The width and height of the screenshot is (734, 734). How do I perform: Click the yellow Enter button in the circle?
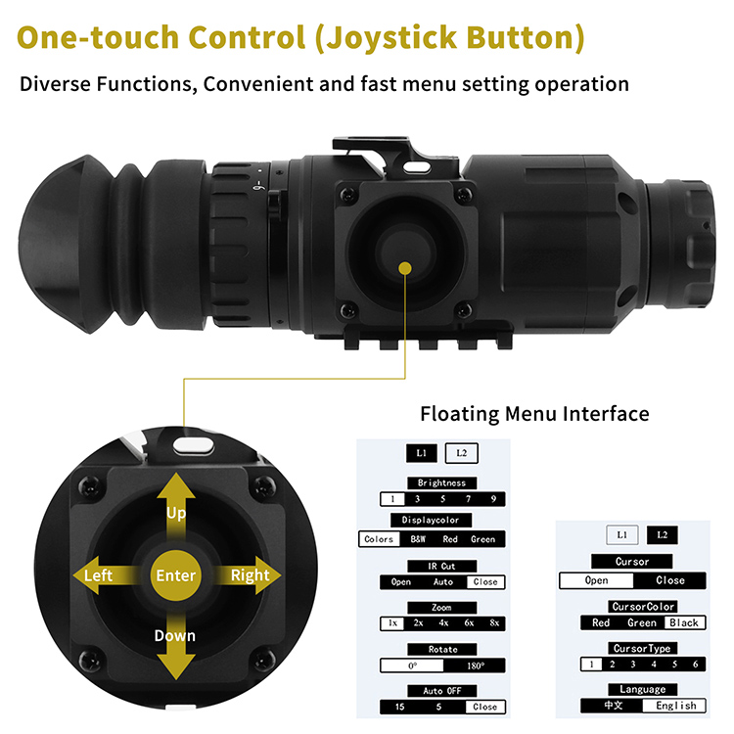(175, 575)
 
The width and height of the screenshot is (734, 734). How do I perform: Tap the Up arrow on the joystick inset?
(176, 508)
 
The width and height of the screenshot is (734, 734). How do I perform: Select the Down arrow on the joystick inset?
(176, 646)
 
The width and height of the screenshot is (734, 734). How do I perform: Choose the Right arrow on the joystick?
(248, 575)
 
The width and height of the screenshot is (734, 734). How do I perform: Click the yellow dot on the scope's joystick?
(405, 268)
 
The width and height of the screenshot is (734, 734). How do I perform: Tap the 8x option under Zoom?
(494, 623)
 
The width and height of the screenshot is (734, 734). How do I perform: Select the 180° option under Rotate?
(476, 665)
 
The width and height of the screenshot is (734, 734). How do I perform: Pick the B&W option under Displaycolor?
(418, 539)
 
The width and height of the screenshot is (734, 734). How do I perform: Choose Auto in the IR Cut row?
(442, 582)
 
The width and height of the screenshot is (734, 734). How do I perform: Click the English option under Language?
(676, 706)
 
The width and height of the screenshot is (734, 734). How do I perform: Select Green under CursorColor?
(642, 622)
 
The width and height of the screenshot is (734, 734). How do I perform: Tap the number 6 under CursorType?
(696, 665)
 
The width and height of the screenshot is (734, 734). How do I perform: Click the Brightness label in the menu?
(442, 483)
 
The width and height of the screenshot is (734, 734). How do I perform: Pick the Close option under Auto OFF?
(485, 707)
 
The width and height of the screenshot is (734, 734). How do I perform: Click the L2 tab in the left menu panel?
(462, 453)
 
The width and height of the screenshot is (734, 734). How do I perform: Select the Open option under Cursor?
(596, 580)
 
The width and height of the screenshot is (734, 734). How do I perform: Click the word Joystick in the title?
(391, 37)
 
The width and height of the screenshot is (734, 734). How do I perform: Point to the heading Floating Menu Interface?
(534, 414)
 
